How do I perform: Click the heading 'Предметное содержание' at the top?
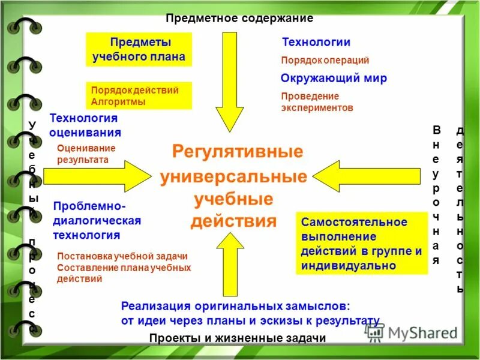click(239, 18)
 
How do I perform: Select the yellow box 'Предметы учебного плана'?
click(139, 50)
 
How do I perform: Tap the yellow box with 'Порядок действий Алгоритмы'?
click(139, 96)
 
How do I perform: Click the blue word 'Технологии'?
click(316, 42)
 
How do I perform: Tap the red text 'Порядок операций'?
click(325, 60)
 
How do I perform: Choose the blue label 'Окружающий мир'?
click(334, 78)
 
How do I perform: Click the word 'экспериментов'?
click(317, 108)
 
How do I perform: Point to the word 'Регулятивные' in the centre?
click(238, 151)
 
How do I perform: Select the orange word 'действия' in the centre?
click(233, 221)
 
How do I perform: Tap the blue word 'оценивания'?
click(85, 133)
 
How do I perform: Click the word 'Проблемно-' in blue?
click(88, 206)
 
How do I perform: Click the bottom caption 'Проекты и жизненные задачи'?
click(238, 338)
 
